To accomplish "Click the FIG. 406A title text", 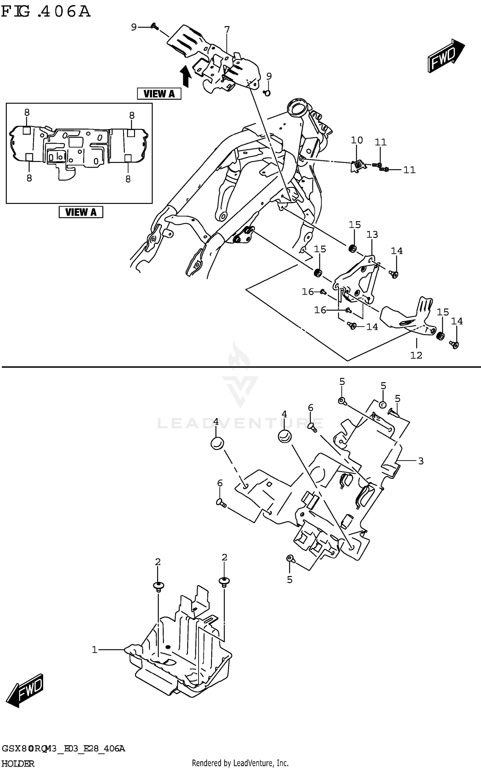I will (46, 12).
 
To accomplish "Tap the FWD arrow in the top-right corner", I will (446, 56).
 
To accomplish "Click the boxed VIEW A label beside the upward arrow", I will (159, 94).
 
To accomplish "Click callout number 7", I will (227, 30).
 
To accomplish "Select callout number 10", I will (357, 140).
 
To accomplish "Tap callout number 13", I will (372, 235).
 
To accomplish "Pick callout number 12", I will (416, 355).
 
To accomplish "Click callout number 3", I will (421, 461).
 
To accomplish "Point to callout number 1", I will (95, 650).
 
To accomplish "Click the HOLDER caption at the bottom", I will (18, 764).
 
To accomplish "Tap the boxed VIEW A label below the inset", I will (81, 212).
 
